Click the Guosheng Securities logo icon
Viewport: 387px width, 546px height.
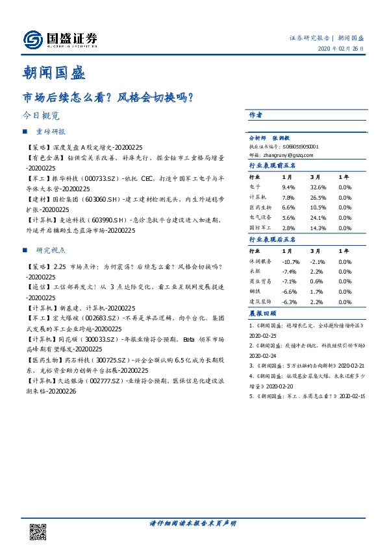click(x=32, y=40)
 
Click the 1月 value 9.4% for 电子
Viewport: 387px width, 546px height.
click(x=288, y=187)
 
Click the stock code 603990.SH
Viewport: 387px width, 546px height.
click(x=121, y=220)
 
